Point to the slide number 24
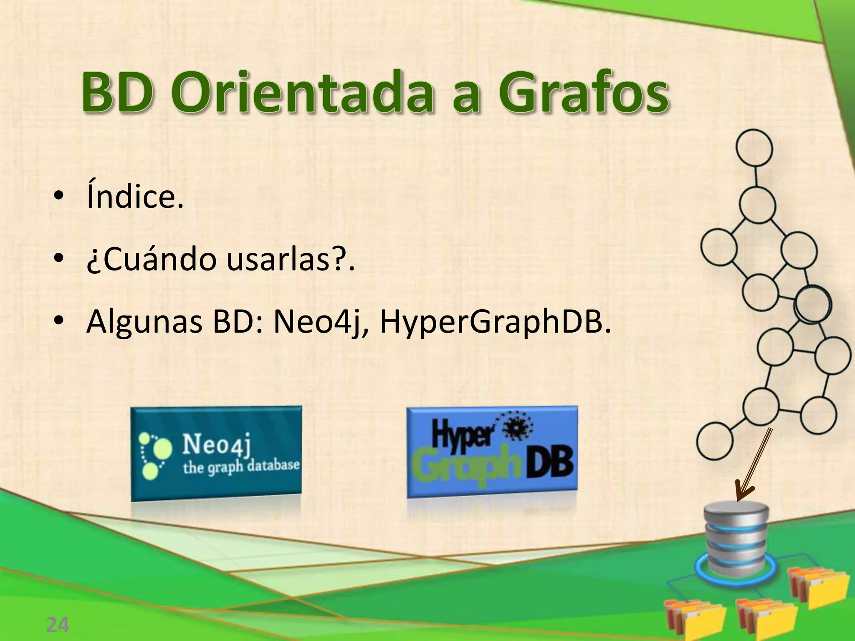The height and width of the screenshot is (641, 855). [x=57, y=625]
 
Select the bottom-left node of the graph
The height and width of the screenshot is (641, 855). [x=714, y=441]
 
